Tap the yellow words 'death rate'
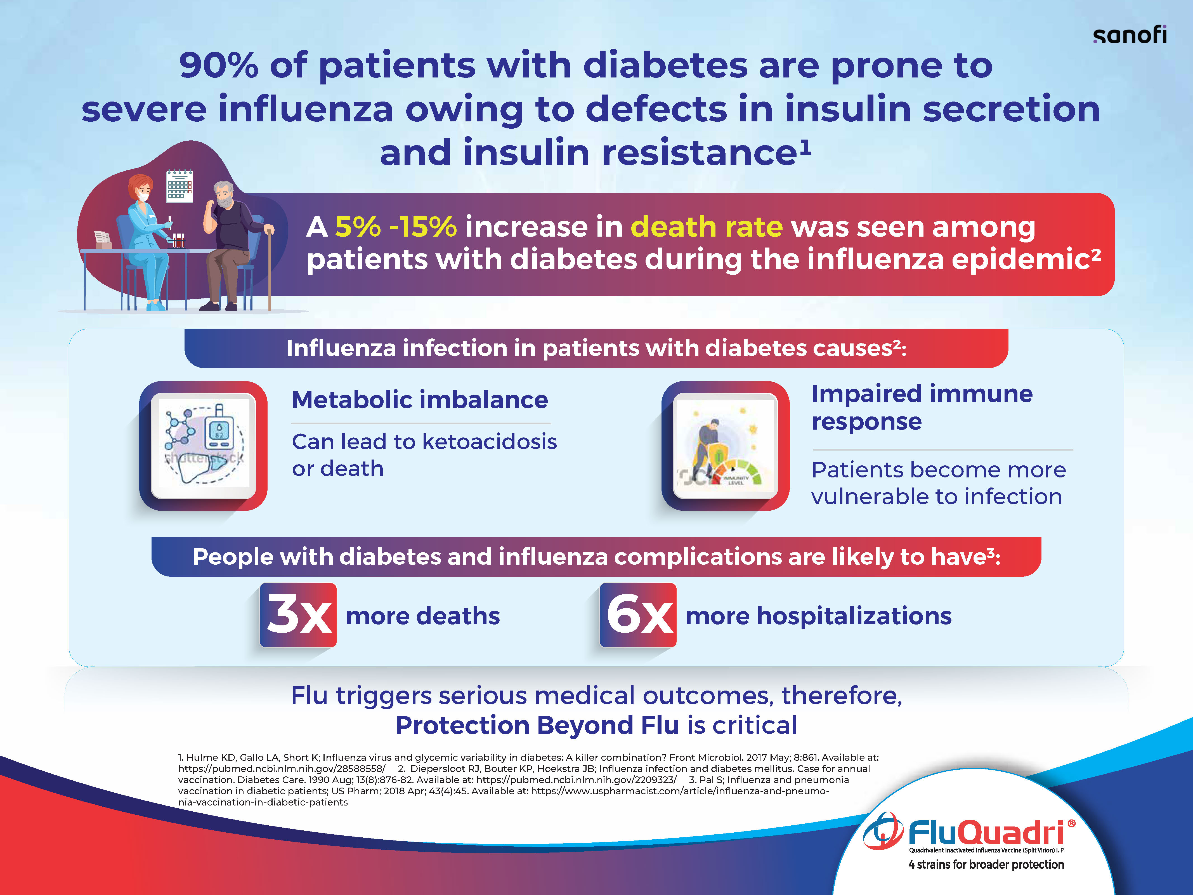point(707,227)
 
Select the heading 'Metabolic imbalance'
point(420,400)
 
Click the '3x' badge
point(298,615)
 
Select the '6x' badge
point(638,615)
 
